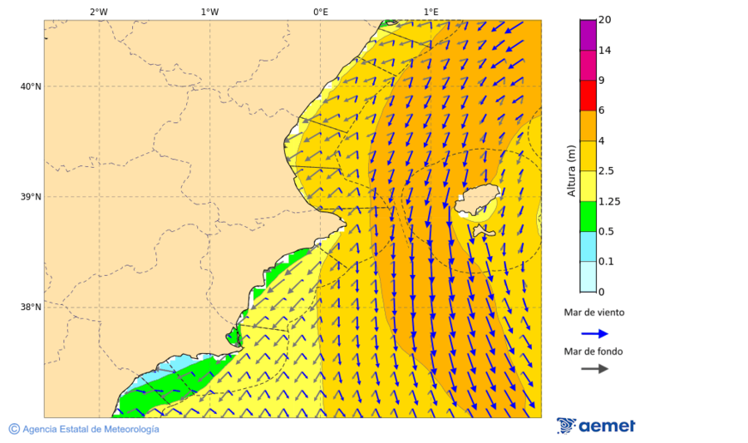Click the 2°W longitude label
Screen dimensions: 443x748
coord(98,12)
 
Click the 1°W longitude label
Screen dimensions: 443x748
coord(209,12)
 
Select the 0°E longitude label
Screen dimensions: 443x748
coord(320,12)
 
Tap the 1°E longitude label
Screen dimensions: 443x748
coord(431,12)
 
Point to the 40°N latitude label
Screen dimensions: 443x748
coord(30,86)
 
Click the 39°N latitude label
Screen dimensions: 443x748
coord(30,197)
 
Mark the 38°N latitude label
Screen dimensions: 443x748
coord(30,308)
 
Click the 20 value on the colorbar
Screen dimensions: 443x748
coord(604,20)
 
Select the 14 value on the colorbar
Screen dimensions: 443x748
coord(604,50)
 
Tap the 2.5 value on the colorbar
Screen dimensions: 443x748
coord(607,171)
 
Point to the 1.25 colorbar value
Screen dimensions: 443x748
coord(609,201)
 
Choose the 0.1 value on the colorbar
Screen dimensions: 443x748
coord(607,262)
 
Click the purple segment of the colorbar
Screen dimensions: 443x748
coord(588,35)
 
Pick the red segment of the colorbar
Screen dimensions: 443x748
coord(588,96)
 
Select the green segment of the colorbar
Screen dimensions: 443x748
coord(588,216)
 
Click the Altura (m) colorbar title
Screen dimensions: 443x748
coord(571,171)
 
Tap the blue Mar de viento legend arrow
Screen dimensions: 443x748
coord(594,333)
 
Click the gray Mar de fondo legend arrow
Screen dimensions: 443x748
coord(594,369)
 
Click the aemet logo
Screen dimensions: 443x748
coord(596,426)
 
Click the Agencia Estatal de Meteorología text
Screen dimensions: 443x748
coord(84,429)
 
